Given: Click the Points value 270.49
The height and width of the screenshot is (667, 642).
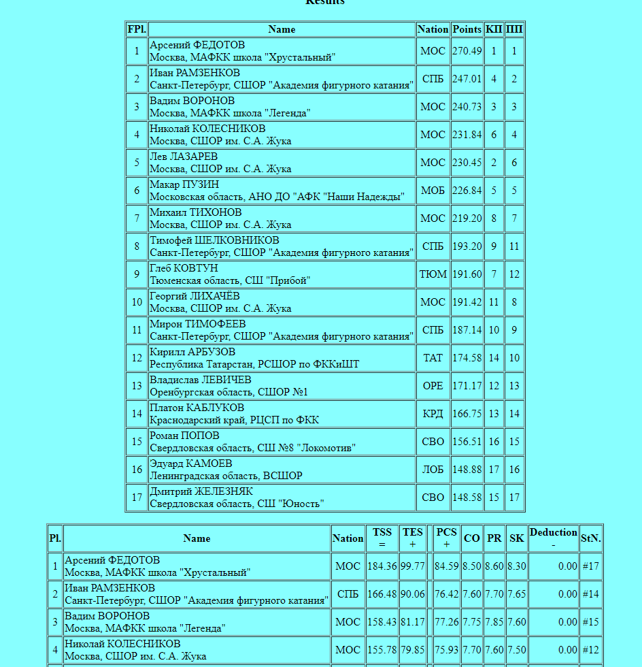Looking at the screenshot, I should [x=467, y=51].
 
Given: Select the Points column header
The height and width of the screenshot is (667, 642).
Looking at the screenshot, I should [x=467, y=29].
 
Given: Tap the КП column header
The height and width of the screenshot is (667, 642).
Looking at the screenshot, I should [x=494, y=29].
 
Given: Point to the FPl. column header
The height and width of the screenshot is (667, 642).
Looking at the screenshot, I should [x=137, y=29].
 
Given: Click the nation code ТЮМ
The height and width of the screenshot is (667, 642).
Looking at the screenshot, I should [x=433, y=274].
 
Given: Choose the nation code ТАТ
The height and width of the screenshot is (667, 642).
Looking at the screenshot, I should [x=433, y=358].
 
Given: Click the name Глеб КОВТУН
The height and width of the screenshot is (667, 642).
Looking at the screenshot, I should [x=184, y=268].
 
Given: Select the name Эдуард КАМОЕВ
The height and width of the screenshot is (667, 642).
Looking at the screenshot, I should [x=190, y=463].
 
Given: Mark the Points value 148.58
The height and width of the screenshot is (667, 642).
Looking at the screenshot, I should [x=467, y=498].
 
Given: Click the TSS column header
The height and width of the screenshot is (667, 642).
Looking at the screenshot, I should [x=382, y=538].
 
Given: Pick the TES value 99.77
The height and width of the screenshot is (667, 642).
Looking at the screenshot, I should [x=413, y=566].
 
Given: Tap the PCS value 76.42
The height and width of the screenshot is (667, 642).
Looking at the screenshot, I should [x=447, y=594].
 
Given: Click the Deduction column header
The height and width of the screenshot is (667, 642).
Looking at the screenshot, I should [x=553, y=538].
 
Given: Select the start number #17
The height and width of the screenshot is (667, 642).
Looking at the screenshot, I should [x=591, y=566].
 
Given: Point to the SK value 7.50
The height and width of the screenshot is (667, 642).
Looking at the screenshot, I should [x=517, y=650].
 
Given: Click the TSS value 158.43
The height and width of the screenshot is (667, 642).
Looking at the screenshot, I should [x=382, y=622].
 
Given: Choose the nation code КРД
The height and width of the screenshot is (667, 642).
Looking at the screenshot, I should [x=433, y=414].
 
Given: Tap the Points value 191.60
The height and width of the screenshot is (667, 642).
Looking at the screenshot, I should [x=467, y=274].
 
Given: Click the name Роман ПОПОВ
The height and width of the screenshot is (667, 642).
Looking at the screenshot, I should [x=184, y=436].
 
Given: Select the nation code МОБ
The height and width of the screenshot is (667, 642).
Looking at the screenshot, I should [x=433, y=191].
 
